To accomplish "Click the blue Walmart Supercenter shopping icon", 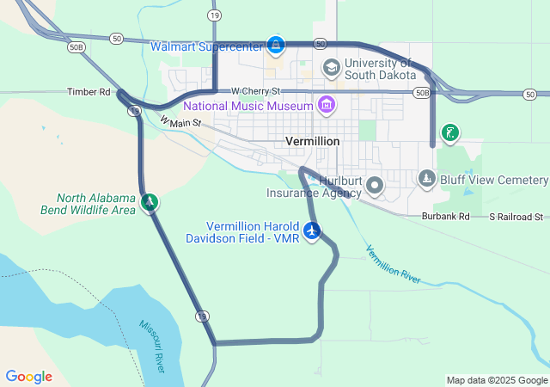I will (275, 44).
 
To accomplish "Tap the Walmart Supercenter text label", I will (206, 46).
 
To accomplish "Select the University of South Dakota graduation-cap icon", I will (331, 67).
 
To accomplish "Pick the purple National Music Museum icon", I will (326, 106).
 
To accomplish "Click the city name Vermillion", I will (311, 141).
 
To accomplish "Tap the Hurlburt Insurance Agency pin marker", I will (375, 185).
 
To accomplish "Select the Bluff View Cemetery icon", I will (427, 178).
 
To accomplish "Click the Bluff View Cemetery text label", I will (494, 180).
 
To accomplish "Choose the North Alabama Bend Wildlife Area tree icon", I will (150, 202).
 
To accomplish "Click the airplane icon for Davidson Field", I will (312, 230).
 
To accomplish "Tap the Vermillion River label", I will (393, 265).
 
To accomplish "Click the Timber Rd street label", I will (90, 91).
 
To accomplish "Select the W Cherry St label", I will (255, 90).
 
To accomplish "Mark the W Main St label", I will (180, 122).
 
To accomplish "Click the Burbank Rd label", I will (446, 217).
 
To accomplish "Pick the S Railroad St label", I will (516, 217).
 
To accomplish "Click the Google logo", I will (28, 377).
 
